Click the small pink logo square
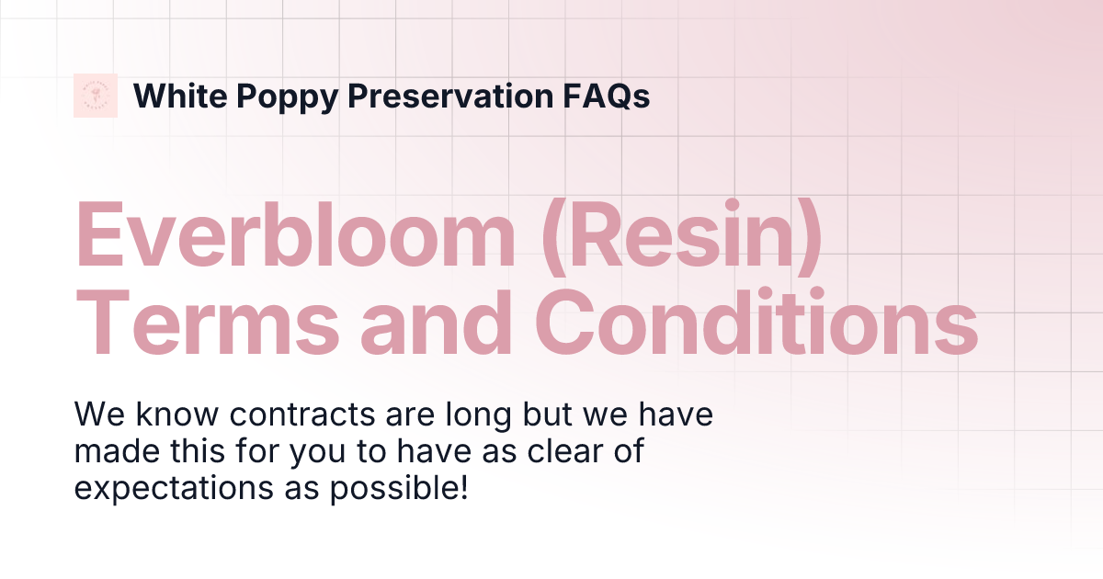(x=96, y=96)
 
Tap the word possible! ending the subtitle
(x=397, y=488)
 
